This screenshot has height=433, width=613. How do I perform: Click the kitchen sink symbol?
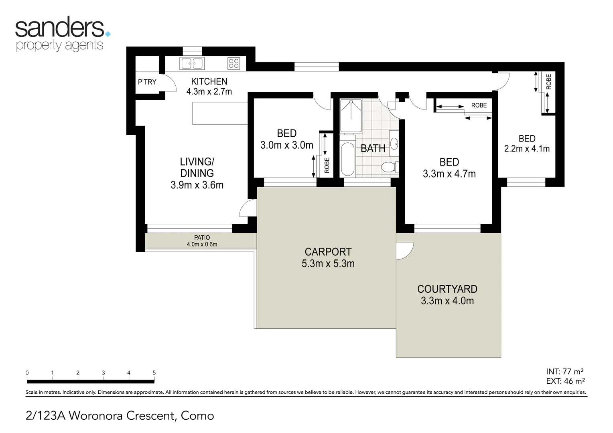192,63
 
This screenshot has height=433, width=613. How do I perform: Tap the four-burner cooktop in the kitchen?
233,63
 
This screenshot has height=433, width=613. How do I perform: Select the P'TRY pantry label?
147,82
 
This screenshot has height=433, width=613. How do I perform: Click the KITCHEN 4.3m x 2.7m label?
209,87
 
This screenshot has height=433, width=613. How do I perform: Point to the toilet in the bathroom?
388,167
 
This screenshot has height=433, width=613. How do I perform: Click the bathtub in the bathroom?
347,159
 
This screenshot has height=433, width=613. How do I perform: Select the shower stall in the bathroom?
351,115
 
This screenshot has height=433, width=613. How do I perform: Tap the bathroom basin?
394,143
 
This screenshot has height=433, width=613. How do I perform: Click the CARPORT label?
328,252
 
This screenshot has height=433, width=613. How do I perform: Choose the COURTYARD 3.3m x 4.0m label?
447,295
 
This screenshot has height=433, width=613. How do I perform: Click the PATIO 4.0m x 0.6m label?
202,241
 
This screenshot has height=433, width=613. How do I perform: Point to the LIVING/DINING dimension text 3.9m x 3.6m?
197,185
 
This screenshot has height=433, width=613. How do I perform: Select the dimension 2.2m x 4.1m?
527,149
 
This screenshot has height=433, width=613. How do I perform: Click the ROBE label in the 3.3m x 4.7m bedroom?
479,105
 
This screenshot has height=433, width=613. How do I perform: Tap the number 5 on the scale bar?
154,373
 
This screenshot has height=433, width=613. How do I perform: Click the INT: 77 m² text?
564,372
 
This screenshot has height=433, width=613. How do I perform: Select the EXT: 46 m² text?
565,381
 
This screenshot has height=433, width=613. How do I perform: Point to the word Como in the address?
197,416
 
